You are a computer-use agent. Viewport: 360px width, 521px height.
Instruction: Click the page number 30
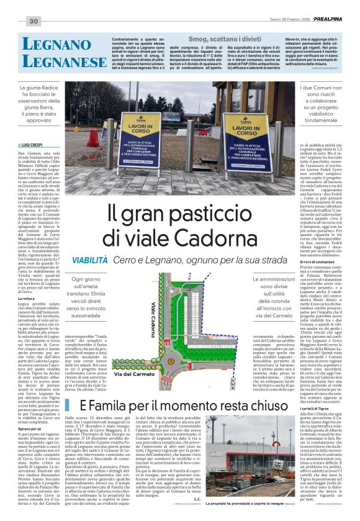tap(34, 22)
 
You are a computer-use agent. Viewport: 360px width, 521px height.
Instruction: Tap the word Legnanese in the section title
tap(58, 61)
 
